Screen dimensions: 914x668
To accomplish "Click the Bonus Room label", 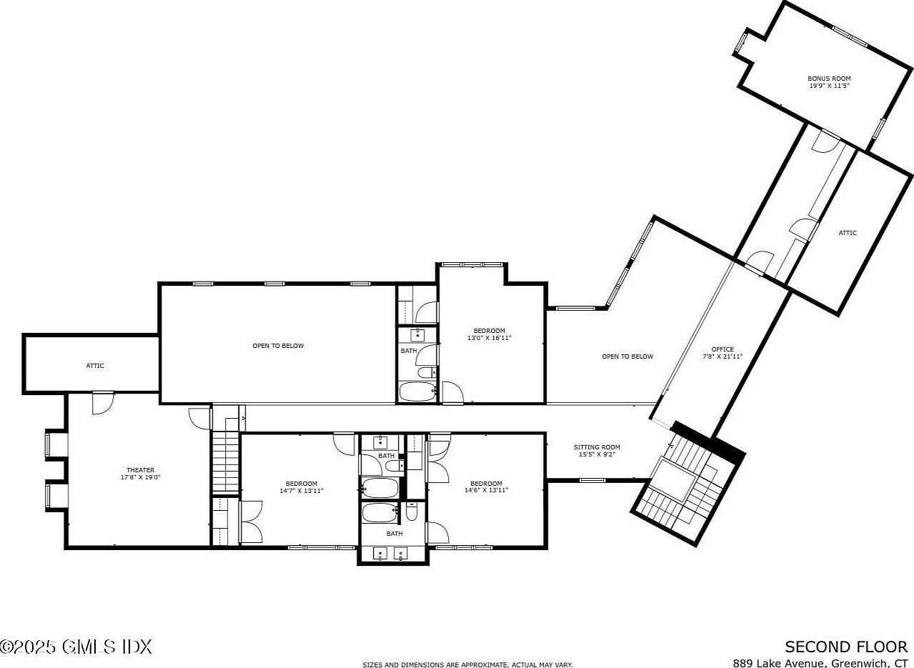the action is tap(829, 79).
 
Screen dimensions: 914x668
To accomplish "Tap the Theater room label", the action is tap(140, 470).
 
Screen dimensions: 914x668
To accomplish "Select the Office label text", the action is tap(722, 349).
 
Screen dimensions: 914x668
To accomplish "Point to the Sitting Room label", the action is tap(597, 447).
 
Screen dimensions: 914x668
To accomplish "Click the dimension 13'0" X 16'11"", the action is tap(490, 338).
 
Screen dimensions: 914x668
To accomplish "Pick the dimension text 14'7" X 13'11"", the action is tap(302, 491).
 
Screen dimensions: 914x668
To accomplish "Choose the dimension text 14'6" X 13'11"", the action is tap(487, 490).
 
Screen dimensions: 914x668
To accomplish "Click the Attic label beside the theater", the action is tap(95, 366).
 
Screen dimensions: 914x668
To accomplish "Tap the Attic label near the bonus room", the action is tap(848, 233).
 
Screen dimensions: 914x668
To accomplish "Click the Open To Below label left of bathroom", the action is tap(278, 346).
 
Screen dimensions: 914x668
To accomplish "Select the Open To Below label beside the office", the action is tap(627, 357).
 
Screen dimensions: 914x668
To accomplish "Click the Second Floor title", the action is tap(846, 647).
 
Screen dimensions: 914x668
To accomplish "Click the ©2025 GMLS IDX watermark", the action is tap(76, 647).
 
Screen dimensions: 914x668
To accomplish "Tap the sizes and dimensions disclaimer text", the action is tap(467, 664).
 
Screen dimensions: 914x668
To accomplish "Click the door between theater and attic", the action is tap(103, 403).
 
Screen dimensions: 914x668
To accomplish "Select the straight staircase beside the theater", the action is tap(226, 461).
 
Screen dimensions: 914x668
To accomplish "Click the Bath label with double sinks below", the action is tap(394, 534).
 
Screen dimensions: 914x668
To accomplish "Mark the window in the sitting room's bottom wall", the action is tap(593, 480).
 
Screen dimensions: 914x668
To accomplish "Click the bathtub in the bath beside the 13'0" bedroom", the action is tap(417, 392).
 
